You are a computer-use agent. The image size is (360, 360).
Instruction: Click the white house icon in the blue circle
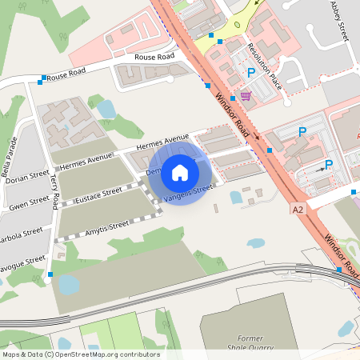click(x=180, y=172)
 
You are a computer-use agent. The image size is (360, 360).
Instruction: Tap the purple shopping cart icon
click(x=245, y=96)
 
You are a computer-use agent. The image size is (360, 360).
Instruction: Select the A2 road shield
click(x=298, y=209)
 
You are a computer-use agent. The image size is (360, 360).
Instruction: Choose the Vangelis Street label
click(x=189, y=193)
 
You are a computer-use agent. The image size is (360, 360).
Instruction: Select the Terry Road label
click(x=54, y=193)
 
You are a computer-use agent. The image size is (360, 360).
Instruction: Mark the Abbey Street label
click(x=340, y=20)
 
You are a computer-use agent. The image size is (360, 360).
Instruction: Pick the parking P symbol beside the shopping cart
click(x=251, y=73)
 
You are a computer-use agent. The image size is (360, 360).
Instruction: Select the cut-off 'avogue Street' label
click(x=23, y=262)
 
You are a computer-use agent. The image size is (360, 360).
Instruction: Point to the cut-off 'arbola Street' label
click(x=22, y=234)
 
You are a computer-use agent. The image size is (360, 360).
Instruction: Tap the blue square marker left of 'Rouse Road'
click(x=41, y=80)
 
